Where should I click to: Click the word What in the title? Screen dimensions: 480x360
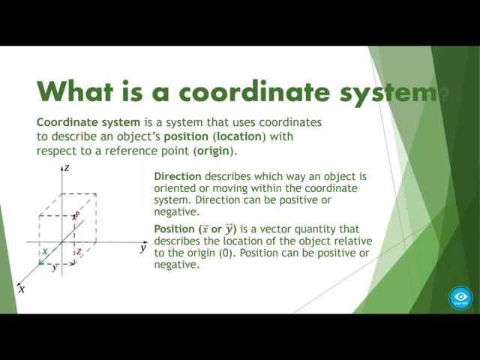(x=75, y=91)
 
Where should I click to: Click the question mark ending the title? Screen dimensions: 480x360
(x=443, y=91)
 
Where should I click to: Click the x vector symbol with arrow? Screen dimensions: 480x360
(x=205, y=229)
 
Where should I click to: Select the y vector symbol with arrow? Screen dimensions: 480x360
(x=229, y=229)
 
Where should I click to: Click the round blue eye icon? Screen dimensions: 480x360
(x=460, y=298)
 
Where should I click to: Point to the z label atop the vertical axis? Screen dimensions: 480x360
(x=67, y=168)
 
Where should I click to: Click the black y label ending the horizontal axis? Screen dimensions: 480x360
(x=143, y=247)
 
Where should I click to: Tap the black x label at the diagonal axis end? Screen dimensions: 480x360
(x=22, y=289)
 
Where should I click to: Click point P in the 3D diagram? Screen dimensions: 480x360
(x=77, y=214)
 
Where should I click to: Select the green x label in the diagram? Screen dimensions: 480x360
(x=45, y=251)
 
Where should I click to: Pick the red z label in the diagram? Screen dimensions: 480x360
(x=79, y=251)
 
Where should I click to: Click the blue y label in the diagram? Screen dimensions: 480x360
(x=55, y=267)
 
